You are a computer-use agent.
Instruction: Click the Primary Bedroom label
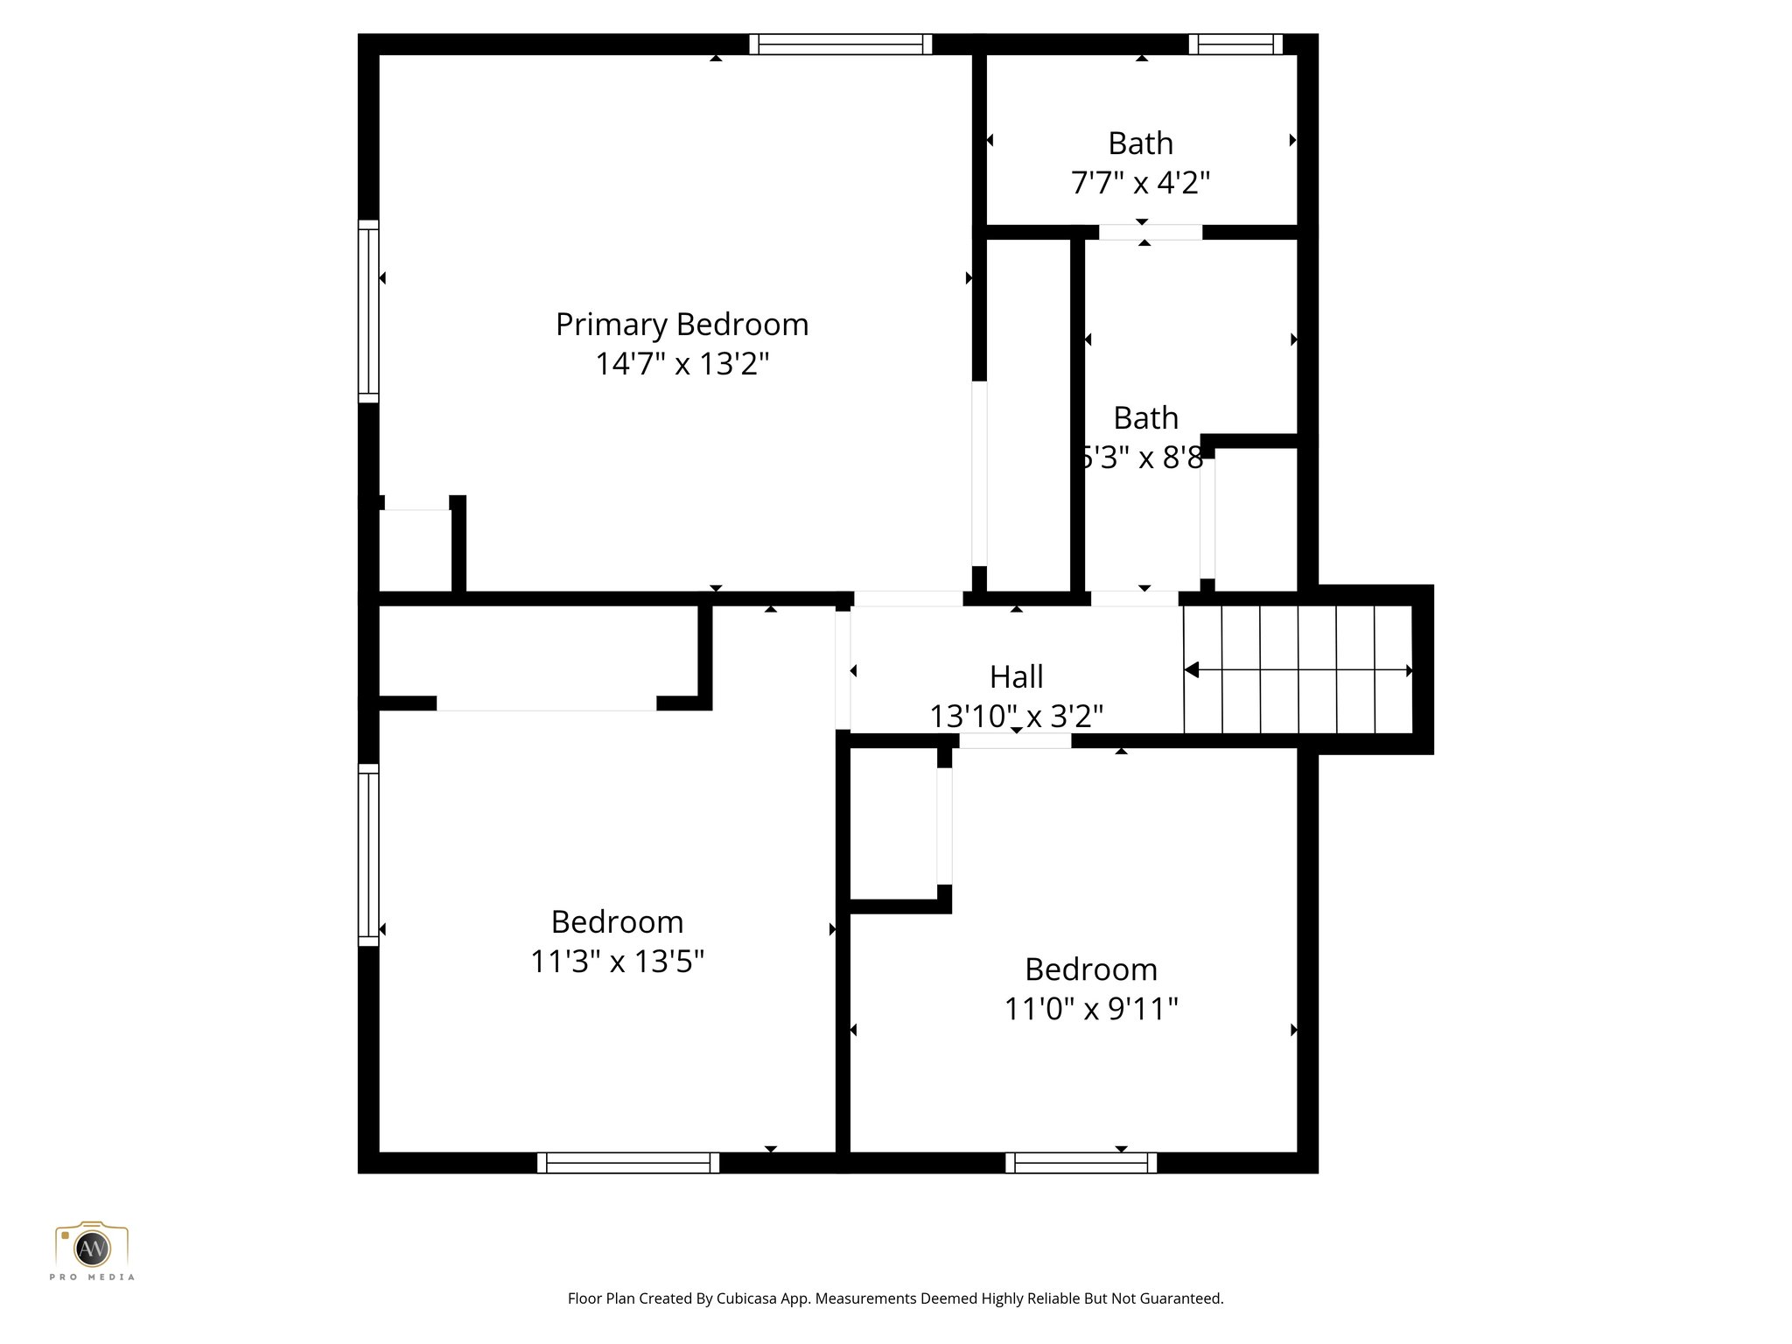[682, 325]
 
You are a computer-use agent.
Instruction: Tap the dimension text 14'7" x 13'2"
[682, 364]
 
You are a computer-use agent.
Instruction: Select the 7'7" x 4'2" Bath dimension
[1140, 183]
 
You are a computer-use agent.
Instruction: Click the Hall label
[1016, 676]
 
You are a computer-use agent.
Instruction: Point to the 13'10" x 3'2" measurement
[1016, 717]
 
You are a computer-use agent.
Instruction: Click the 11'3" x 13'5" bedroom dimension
[617, 962]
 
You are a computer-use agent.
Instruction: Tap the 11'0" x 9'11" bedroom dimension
[1091, 1009]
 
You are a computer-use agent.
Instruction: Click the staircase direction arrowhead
[1192, 669]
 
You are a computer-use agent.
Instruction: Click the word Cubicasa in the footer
[748, 1298]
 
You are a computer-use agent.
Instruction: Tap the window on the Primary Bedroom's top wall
[840, 44]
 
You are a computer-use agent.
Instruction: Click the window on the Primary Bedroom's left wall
[368, 311]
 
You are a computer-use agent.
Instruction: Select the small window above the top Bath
[1235, 44]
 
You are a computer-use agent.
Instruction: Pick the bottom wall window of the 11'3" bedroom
[627, 1162]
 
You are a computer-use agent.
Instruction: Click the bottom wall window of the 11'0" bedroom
[1081, 1162]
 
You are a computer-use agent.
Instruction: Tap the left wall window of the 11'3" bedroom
[368, 855]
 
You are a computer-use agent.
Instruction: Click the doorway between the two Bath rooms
[1150, 232]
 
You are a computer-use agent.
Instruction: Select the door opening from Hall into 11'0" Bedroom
[1015, 740]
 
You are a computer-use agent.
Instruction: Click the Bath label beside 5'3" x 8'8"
[1145, 418]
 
